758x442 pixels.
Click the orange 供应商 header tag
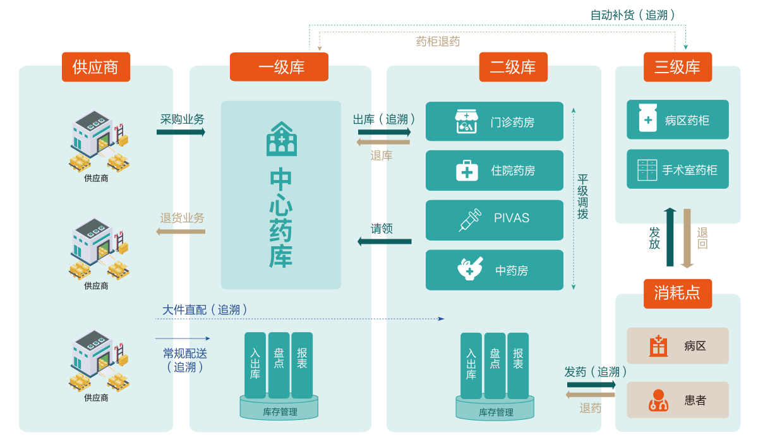pyautogui.click(x=96, y=67)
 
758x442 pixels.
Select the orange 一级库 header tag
pyautogui.click(x=279, y=67)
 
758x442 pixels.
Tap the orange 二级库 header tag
pyautogui.click(x=513, y=67)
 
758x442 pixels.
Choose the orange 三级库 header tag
pyautogui.click(x=678, y=67)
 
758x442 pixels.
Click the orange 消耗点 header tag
pyautogui.click(x=678, y=293)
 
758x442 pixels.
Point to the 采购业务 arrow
pyautogui.click(x=181, y=132)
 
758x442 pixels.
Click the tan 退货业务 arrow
pyautogui.click(x=181, y=232)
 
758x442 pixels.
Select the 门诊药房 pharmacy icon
pyautogui.click(x=467, y=121)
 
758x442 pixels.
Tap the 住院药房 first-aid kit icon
pyautogui.click(x=467, y=170)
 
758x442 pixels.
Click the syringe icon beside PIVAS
pyautogui.click(x=469, y=219)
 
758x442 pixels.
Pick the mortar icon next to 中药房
pyautogui.click(x=470, y=268)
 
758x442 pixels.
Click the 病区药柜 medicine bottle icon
pyautogui.click(x=647, y=118)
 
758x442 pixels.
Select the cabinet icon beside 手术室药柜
pyautogui.click(x=647, y=170)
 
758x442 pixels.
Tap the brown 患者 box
pyautogui.click(x=678, y=400)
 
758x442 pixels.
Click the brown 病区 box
pyautogui.click(x=678, y=345)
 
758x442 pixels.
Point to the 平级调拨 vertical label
pyautogui.click(x=582, y=197)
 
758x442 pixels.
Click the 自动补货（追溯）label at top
pyautogui.click(x=633, y=15)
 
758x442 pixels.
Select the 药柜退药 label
pyautogui.click(x=438, y=42)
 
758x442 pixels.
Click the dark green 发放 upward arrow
pyautogui.click(x=670, y=237)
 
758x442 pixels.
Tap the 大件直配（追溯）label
pyautogui.click(x=205, y=310)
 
